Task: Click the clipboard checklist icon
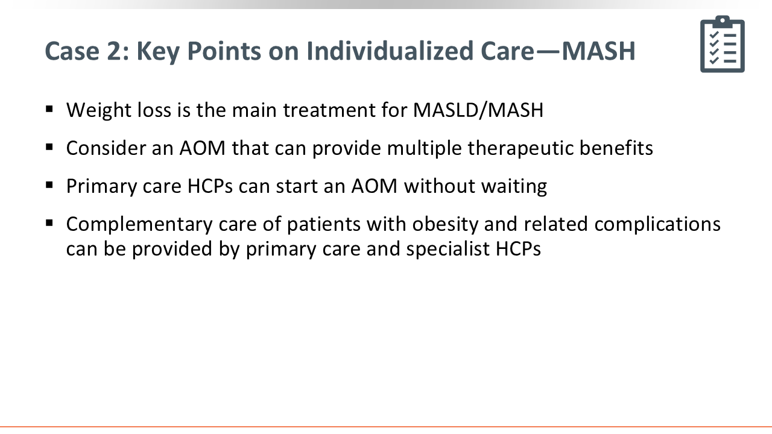(x=723, y=44)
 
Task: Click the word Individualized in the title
(x=390, y=51)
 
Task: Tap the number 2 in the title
(x=113, y=51)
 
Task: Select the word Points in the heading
(x=224, y=51)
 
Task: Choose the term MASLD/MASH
(x=478, y=110)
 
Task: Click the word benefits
(x=616, y=148)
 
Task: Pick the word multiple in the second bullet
(x=424, y=149)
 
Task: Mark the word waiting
(x=514, y=187)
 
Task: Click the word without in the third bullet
(x=439, y=186)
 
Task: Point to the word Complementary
(x=139, y=225)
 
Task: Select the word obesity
(x=445, y=225)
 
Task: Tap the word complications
(x=657, y=225)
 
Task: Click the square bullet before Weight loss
(x=49, y=110)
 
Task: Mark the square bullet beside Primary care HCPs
(x=49, y=185)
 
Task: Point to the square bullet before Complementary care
(x=49, y=223)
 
